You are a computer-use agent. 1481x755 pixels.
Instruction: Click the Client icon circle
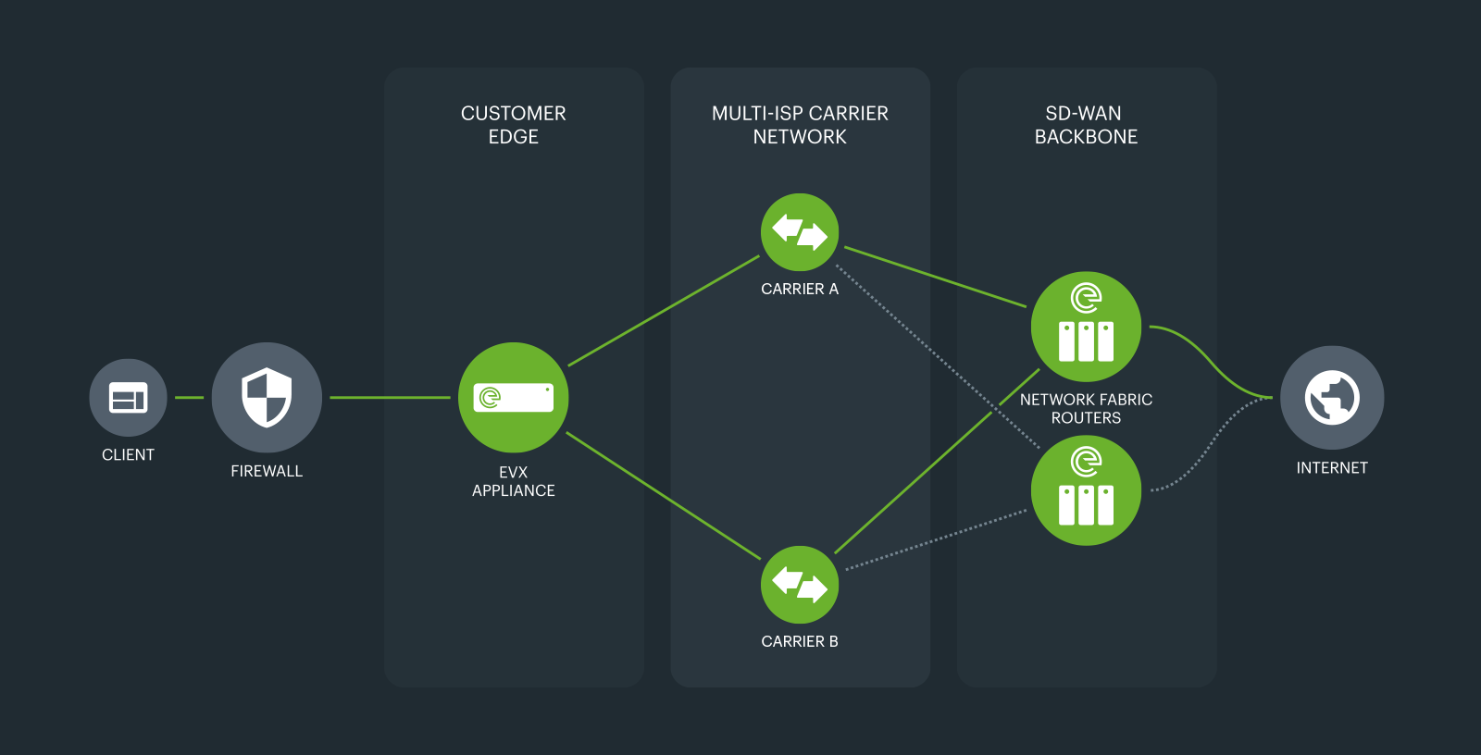(128, 398)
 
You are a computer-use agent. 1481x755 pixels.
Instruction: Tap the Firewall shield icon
(267, 398)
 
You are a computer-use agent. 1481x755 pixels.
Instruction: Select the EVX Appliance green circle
(513, 398)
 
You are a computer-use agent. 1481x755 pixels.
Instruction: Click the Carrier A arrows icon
(800, 232)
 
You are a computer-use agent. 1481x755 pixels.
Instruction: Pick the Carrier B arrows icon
(800, 585)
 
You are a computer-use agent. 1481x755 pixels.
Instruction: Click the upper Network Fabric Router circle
(1086, 327)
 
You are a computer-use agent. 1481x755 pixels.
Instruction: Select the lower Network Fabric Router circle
(1086, 490)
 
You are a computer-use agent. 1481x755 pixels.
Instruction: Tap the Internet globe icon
(1332, 398)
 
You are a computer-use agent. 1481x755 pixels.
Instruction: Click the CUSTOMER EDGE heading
(514, 125)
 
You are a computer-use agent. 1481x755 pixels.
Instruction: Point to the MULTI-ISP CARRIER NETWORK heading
(800, 125)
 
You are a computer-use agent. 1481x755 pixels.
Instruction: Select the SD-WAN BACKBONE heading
(1086, 125)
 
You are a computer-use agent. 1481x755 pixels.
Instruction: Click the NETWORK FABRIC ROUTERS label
(1086, 408)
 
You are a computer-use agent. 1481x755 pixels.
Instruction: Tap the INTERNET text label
(1332, 468)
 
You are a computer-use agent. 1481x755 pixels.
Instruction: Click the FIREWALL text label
(267, 471)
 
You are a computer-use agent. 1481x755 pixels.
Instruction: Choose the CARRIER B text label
(800, 641)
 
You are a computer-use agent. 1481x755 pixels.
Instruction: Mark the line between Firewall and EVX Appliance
(390, 398)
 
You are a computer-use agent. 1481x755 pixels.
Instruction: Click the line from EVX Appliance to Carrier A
(664, 311)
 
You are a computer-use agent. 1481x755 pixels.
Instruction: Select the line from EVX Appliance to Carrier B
(664, 496)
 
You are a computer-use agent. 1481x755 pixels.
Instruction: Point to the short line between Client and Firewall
(189, 398)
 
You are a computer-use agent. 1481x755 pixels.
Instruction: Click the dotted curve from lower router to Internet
(1208, 449)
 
